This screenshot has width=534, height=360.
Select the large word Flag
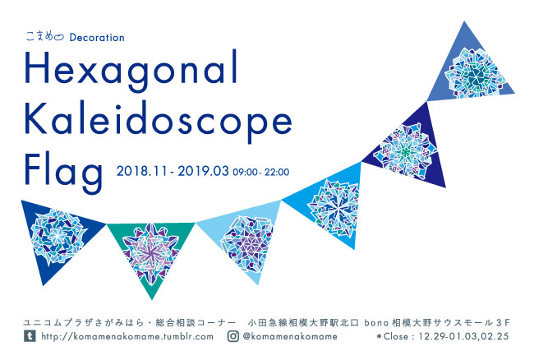(x=63, y=173)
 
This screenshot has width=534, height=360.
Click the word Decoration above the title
(x=97, y=37)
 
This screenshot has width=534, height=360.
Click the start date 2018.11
(x=142, y=171)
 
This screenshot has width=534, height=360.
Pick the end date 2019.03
(x=203, y=171)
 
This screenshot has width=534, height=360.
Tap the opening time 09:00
(x=245, y=173)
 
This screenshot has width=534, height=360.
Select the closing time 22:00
(x=277, y=173)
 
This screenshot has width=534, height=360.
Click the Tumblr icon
(x=30, y=336)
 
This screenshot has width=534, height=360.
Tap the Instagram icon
(x=233, y=336)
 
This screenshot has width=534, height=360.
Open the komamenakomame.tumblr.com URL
(x=127, y=336)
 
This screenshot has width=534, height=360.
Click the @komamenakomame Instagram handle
(x=290, y=336)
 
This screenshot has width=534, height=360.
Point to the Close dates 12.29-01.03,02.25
(x=463, y=336)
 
